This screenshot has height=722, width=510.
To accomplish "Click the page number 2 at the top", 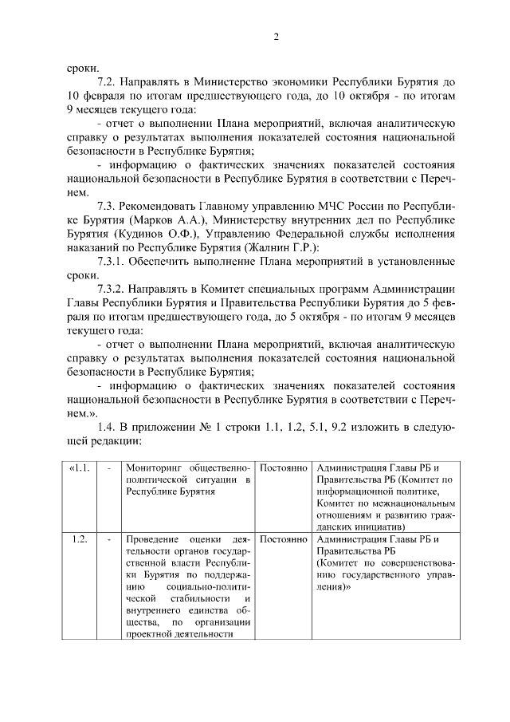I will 275,37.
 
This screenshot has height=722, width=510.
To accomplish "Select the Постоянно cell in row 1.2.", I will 283,540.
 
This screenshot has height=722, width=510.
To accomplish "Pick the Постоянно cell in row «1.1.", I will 283,468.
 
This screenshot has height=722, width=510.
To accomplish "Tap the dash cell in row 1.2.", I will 108,540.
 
